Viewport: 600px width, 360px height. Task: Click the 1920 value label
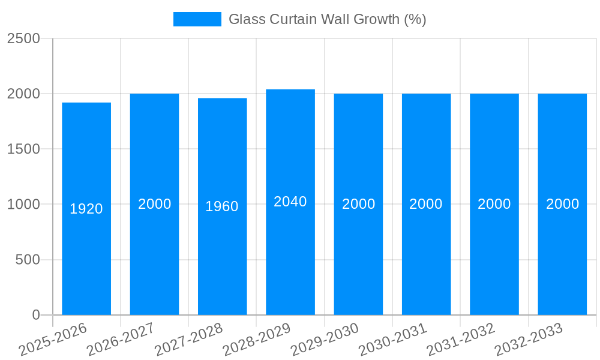tap(86, 209)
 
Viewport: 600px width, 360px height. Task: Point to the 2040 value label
tap(290, 202)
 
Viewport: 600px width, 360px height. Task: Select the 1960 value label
tap(222, 206)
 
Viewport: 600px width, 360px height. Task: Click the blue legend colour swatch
tap(197, 19)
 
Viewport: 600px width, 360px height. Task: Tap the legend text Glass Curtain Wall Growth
tap(327, 19)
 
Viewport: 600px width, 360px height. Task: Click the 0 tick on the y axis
tap(36, 315)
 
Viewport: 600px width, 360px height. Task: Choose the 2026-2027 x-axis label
tap(121, 340)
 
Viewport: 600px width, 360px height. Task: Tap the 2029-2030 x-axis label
tap(325, 340)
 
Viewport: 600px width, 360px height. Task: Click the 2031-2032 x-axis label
tap(460, 340)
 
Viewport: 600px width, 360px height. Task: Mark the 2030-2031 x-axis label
tap(392, 340)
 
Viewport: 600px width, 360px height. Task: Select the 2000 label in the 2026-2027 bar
tap(155, 204)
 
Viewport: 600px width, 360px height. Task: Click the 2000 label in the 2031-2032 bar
tap(494, 204)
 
